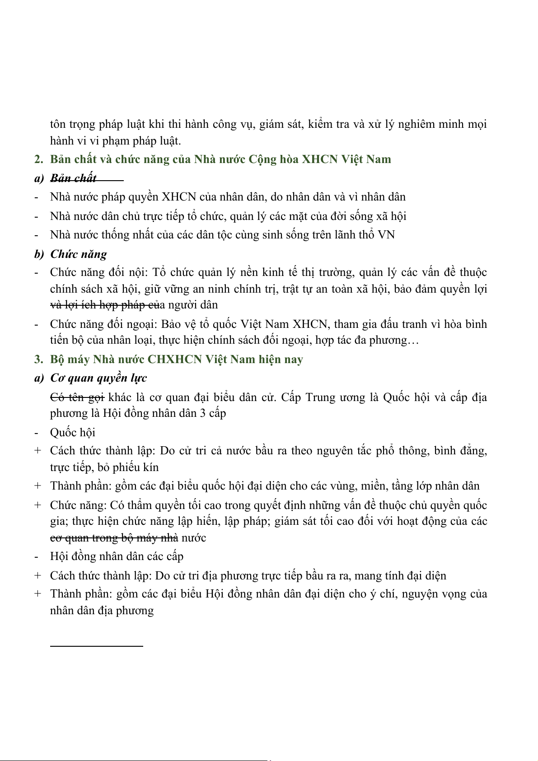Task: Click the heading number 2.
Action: (x=38, y=159)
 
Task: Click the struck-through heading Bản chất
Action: (x=73, y=178)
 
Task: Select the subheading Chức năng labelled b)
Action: (x=79, y=254)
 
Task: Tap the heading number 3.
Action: (x=38, y=359)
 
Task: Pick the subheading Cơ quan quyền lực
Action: (x=98, y=378)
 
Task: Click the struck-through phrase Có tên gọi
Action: (x=77, y=397)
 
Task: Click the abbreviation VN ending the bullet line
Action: (x=387, y=235)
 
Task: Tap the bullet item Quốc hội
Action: (x=73, y=433)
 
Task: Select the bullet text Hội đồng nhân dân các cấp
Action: (x=117, y=556)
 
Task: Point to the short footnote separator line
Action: (x=96, y=646)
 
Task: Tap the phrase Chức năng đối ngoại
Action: (x=103, y=324)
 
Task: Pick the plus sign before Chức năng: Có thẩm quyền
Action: (x=37, y=505)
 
